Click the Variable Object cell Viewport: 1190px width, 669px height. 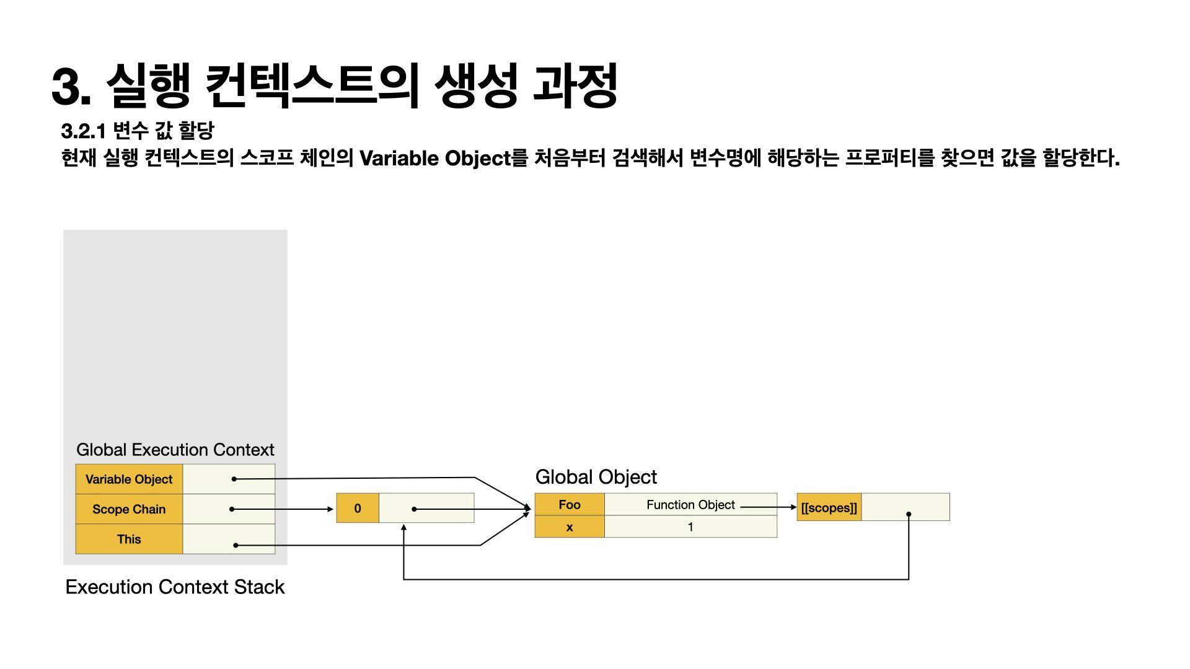[129, 479]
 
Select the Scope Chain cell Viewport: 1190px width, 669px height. [129, 509]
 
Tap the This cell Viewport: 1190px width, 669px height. [129, 539]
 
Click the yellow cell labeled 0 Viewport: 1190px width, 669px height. [357, 509]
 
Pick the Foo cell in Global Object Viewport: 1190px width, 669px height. [569, 504]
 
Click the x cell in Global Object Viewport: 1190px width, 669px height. [569, 527]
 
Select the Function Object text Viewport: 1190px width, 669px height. [690, 505]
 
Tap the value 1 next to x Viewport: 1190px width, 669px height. [690, 527]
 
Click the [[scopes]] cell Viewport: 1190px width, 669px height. [829, 508]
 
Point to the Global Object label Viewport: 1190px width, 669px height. [596, 477]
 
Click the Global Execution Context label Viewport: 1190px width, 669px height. [175, 450]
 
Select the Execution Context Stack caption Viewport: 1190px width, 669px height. [175, 587]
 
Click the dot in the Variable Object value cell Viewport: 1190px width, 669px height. [234, 479]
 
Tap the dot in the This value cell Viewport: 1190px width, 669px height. [236, 545]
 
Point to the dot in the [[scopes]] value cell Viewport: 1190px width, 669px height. [909, 514]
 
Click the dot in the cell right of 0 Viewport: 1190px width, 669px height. [414, 509]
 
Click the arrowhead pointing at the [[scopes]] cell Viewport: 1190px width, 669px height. [793, 507]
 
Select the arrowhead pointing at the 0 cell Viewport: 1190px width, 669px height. [330, 509]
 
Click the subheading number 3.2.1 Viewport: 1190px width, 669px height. [83, 131]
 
